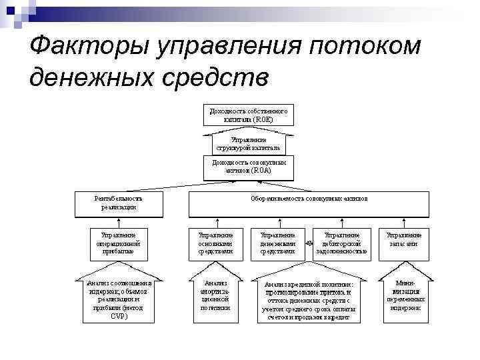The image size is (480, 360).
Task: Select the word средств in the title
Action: (215, 77)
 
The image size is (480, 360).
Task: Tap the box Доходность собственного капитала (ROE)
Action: (249, 115)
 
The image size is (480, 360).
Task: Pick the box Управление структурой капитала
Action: (248, 143)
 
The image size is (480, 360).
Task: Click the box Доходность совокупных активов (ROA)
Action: (249, 167)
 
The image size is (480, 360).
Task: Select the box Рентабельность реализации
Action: (119, 203)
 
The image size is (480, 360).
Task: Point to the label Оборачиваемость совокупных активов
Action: (309, 198)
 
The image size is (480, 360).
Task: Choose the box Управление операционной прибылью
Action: (119, 243)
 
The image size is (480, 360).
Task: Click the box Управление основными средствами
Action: (215, 243)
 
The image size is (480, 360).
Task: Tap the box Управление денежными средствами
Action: (277, 243)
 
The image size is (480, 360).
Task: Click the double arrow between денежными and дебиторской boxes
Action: (309, 244)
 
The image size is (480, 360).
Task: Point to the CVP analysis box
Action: (119, 299)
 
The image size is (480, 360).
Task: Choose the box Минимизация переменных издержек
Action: (405, 295)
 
